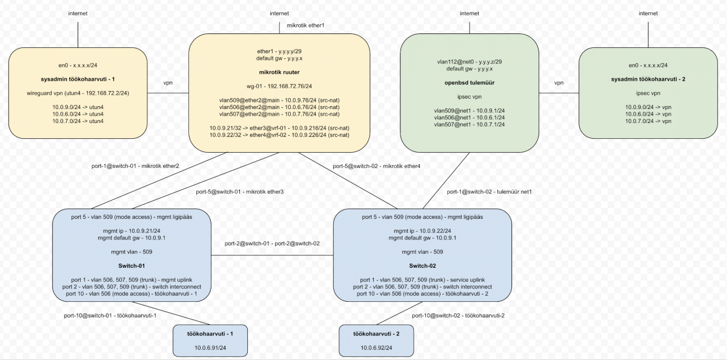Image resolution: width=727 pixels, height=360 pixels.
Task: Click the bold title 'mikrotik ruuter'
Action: (279, 72)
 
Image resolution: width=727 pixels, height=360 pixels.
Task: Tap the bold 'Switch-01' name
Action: (131, 265)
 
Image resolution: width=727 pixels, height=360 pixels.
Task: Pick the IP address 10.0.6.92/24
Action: (376, 347)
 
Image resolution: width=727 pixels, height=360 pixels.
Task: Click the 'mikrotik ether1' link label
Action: (306, 25)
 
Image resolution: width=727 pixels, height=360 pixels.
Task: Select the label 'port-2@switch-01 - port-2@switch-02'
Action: (272, 243)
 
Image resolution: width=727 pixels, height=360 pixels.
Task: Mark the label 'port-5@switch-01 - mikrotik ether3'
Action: (240, 192)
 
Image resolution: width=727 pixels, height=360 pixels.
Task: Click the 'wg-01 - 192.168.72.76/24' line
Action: (279, 86)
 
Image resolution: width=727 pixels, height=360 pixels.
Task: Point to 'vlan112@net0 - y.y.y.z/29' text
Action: (469, 61)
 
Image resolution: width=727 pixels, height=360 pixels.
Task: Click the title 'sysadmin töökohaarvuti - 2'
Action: (648, 79)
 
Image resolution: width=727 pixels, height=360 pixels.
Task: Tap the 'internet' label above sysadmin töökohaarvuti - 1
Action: (78, 13)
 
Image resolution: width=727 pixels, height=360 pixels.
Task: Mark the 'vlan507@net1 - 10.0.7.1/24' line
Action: (469, 124)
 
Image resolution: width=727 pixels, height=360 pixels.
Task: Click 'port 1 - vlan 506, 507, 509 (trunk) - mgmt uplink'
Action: (131, 279)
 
